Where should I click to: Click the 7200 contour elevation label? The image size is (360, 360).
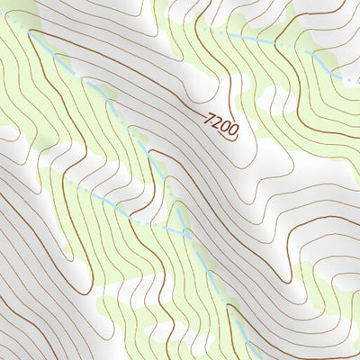pos(221,125)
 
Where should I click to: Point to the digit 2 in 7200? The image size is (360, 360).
pos(218,122)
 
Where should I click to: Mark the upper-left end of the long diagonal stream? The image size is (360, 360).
pos(33,32)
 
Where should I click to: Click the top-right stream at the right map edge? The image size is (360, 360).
pos(357,82)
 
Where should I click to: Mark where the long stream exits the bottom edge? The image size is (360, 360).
pos(255,358)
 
